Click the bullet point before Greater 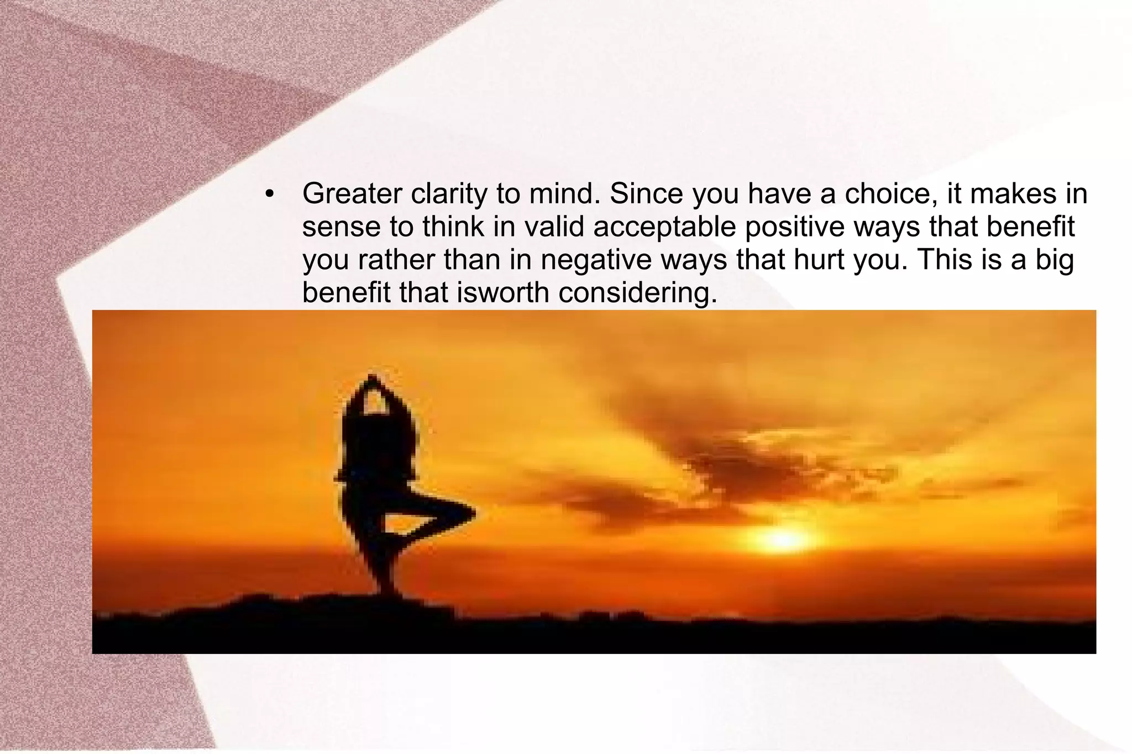pyautogui.click(x=269, y=194)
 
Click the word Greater pyautogui.click(x=352, y=193)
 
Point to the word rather pyautogui.click(x=396, y=260)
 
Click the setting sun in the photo pyautogui.click(x=782, y=539)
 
